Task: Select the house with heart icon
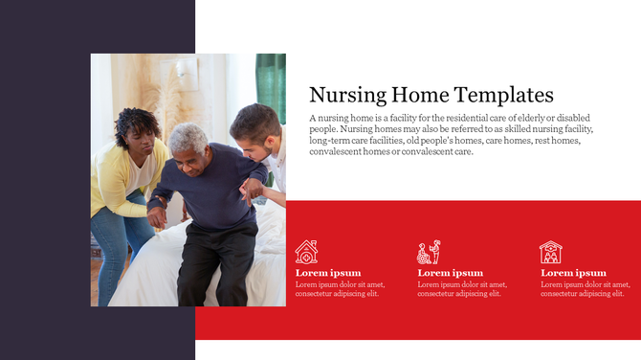point(306,252)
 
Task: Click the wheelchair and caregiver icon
point(429,252)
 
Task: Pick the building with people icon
point(551,252)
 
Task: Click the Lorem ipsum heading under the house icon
point(328,273)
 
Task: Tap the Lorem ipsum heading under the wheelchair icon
point(451,273)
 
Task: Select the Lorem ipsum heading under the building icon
point(573,273)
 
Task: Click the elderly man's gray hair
point(188,136)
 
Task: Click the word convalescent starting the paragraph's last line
point(338,151)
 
